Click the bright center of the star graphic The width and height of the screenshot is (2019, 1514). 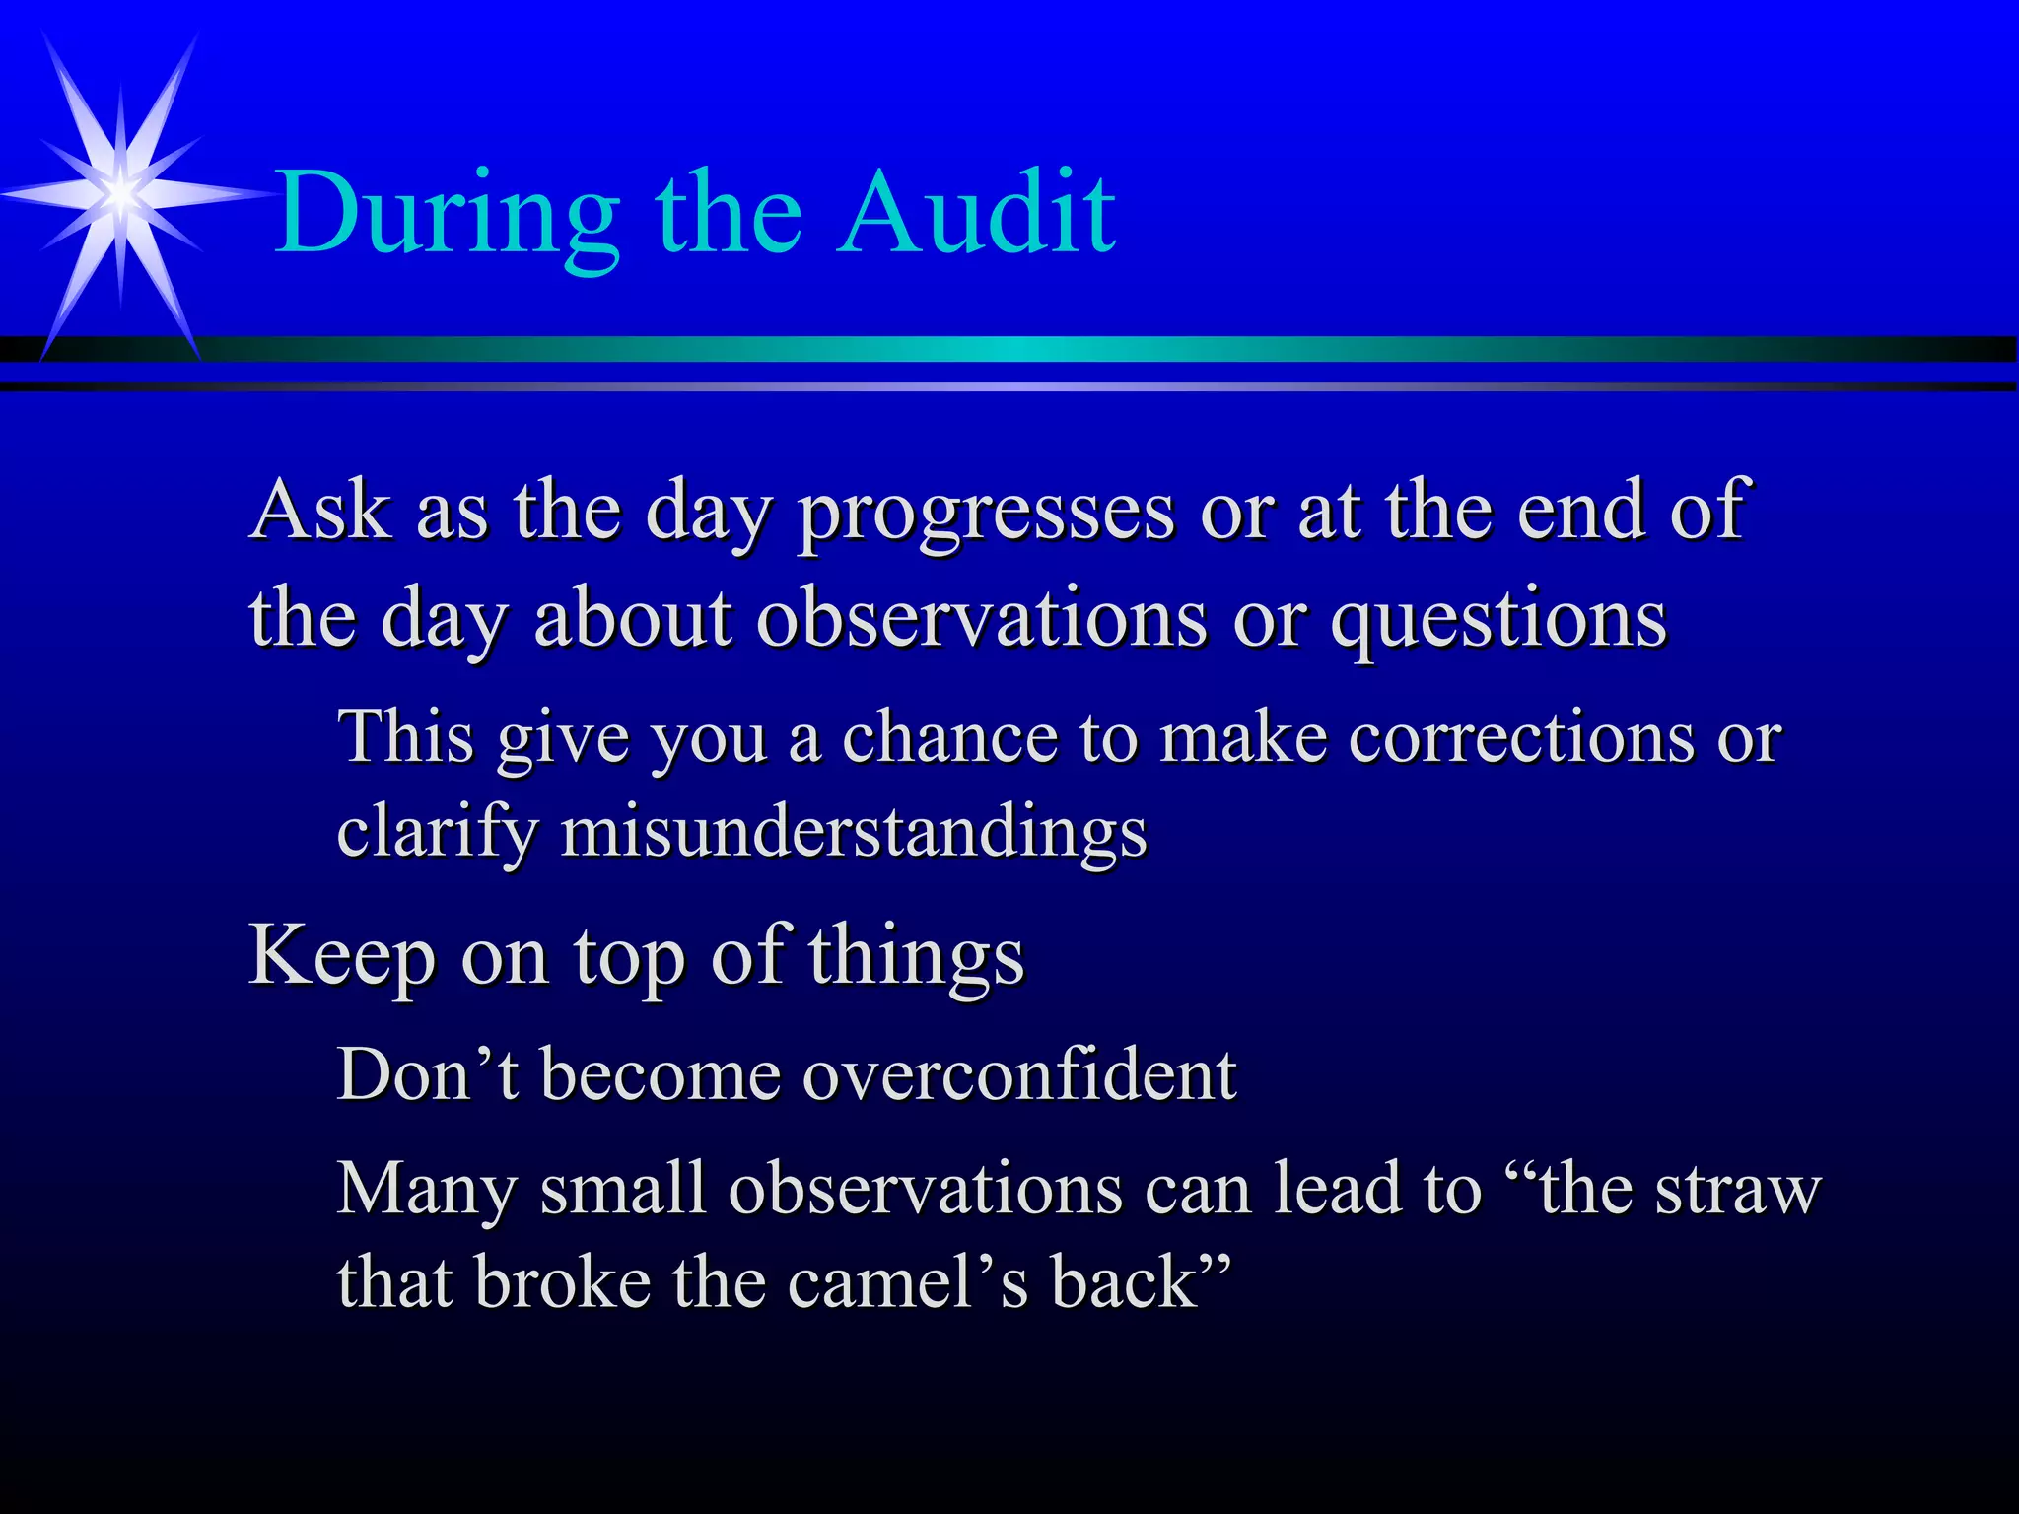120,193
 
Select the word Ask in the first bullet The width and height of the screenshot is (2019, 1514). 319,511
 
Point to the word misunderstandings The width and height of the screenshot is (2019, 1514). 854,831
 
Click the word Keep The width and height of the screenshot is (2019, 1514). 341,956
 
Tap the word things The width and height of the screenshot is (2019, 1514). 916,956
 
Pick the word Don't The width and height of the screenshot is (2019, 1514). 427,1073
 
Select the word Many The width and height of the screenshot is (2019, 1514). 426,1189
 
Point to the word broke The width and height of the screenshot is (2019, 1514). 561,1282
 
